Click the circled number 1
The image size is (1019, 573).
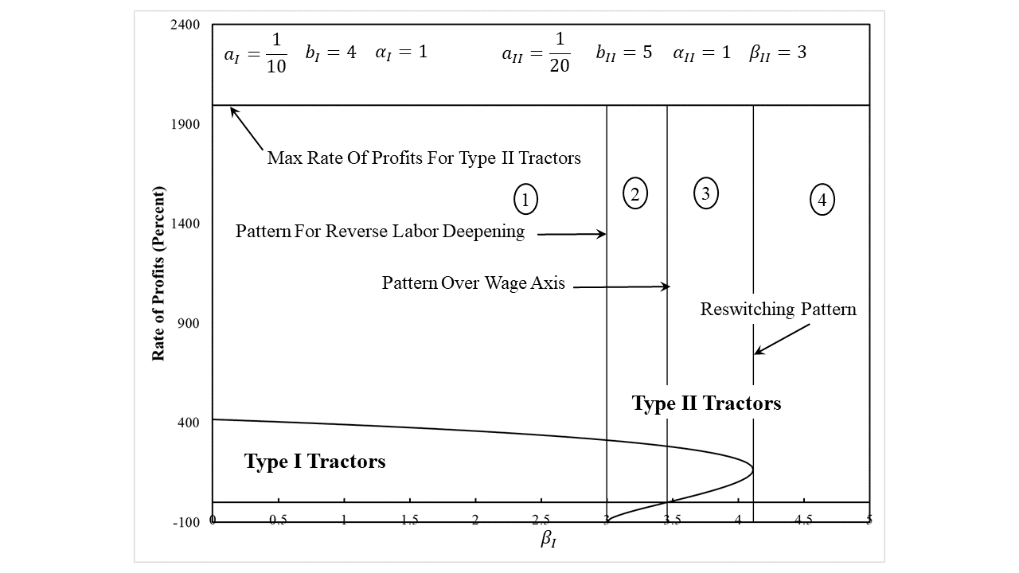click(525, 200)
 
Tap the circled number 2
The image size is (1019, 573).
click(634, 193)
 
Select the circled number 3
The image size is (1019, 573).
click(705, 193)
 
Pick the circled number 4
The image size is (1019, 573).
click(822, 200)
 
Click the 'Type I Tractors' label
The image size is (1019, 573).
click(314, 462)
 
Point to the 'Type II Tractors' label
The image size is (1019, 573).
click(706, 403)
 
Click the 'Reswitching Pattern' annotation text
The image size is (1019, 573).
click(778, 309)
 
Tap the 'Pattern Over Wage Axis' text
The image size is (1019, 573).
click(473, 283)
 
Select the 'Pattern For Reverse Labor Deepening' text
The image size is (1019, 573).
click(380, 232)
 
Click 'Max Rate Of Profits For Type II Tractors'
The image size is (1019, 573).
click(424, 158)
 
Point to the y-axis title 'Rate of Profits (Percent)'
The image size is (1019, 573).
click(158, 274)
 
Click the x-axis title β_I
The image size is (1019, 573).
click(549, 540)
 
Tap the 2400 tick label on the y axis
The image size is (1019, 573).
click(185, 25)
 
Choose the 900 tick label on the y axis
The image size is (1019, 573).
click(189, 323)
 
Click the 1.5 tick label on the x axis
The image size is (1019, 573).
click(409, 520)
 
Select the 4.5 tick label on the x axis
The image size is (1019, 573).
click(803, 520)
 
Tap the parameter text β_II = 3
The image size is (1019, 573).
click(778, 53)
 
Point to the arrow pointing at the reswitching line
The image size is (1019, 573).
click(782, 338)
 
